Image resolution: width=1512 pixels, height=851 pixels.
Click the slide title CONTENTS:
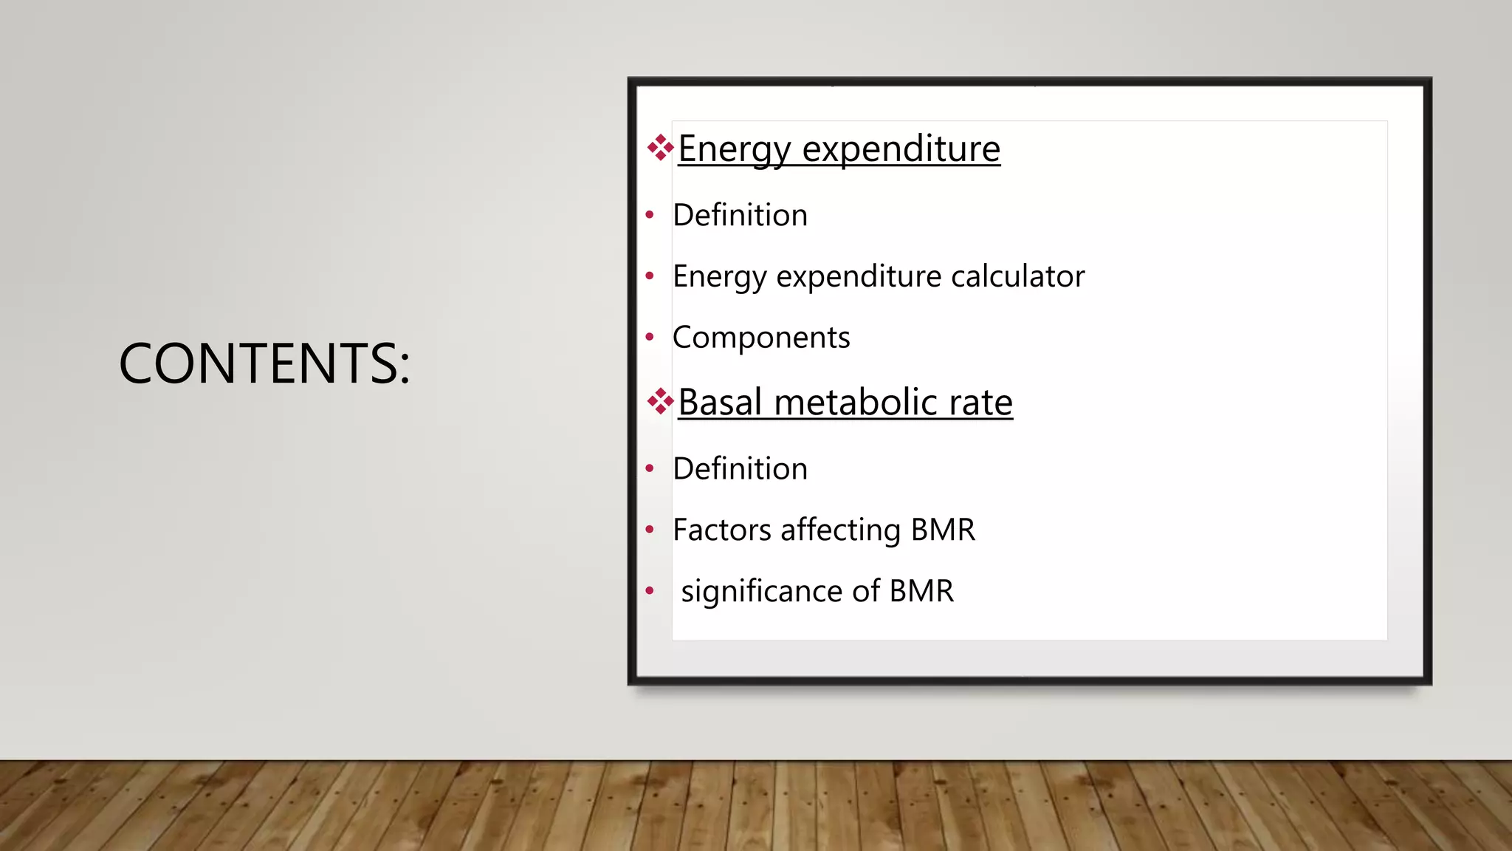264,363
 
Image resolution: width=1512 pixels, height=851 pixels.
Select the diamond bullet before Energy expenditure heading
660,148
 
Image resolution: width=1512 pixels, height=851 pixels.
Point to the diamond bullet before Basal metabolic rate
660,402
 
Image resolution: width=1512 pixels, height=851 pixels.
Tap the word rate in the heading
980,403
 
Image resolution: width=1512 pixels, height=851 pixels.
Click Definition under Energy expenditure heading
740,215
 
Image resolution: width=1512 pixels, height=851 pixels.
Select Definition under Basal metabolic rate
740,468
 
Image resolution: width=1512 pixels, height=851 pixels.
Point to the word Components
761,338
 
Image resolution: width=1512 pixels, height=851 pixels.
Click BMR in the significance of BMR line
921,591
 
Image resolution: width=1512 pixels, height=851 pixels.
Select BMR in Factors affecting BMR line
943,530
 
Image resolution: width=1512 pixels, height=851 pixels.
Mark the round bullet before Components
650,338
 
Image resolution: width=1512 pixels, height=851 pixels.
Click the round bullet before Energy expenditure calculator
650,276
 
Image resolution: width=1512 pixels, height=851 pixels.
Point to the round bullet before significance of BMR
650,590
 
